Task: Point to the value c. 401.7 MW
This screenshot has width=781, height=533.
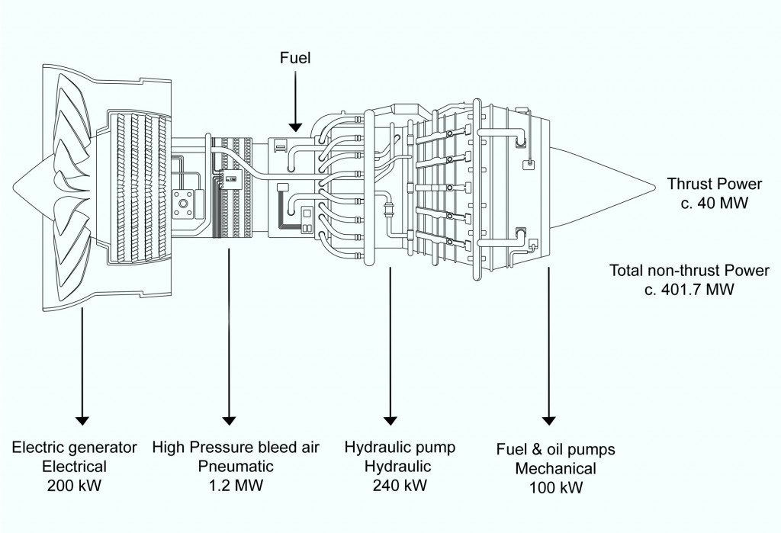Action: [689, 290]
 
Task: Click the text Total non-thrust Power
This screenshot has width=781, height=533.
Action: [689, 271]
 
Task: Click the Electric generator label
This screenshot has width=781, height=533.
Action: [75, 447]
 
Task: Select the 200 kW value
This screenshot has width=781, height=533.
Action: [75, 485]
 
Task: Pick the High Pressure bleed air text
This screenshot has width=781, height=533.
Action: [236, 447]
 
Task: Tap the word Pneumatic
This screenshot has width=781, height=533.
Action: [230, 466]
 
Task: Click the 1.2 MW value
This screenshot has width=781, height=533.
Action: [229, 485]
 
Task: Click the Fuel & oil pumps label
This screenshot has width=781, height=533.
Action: [555, 450]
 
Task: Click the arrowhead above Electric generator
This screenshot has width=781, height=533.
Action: [82, 420]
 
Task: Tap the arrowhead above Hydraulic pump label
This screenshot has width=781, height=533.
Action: [390, 420]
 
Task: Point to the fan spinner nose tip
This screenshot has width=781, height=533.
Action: [14, 187]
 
